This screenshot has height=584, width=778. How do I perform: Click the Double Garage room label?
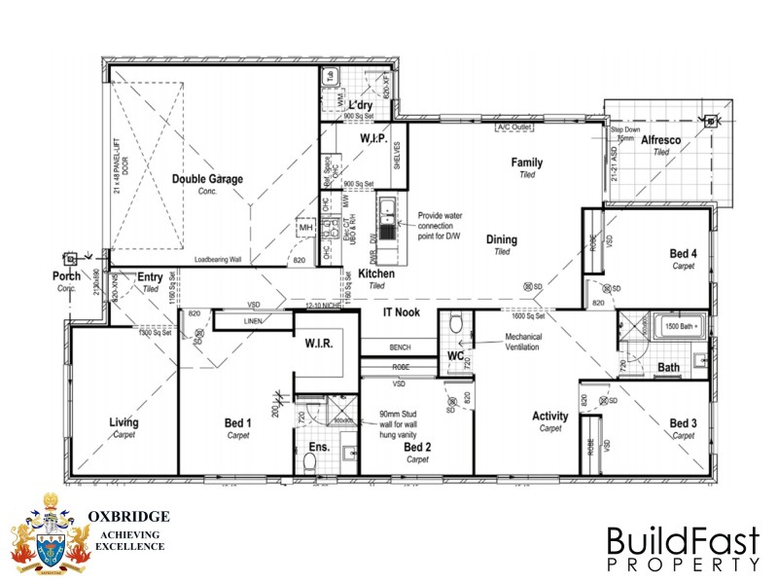[x=207, y=179]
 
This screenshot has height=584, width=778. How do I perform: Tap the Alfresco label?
[x=661, y=140]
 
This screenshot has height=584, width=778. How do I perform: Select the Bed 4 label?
[x=684, y=254]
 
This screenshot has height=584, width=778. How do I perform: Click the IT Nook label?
[x=401, y=311]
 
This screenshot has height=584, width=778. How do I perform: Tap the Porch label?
[x=66, y=276]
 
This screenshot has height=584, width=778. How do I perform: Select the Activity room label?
[x=550, y=417]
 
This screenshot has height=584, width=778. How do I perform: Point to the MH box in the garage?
[x=305, y=227]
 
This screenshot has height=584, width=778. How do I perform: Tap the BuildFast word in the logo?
[x=681, y=540]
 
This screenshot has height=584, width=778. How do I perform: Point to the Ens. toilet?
[x=308, y=465]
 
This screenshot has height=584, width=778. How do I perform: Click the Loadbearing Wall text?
[x=218, y=260]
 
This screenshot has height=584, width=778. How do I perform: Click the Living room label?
[x=124, y=422]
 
